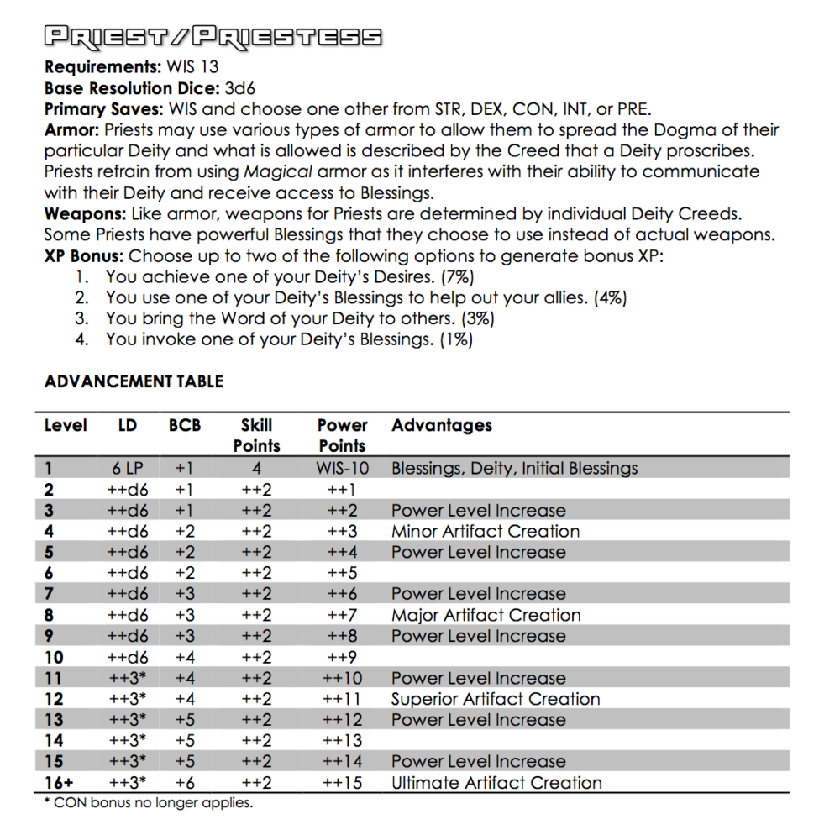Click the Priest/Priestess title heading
coord(213,37)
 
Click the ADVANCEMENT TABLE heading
coord(134,381)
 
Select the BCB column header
coord(185,425)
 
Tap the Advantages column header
coord(442,425)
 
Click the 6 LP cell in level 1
coord(128,469)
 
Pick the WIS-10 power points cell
coord(342,469)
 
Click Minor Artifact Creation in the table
coord(486,532)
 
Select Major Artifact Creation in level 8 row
coord(486,616)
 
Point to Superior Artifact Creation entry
coord(496,699)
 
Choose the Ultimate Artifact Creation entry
coord(496,783)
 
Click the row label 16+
coord(59,783)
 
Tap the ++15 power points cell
coord(342,783)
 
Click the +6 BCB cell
coord(185,783)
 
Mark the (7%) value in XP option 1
coord(465,276)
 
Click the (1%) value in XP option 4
coord(455,339)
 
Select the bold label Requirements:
coord(103,67)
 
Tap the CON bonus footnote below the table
coord(148,803)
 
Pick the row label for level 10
coord(54,658)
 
